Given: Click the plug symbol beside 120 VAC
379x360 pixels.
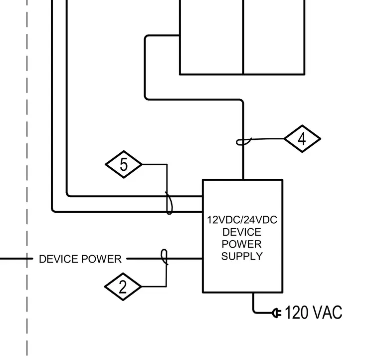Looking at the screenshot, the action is pos(277,313).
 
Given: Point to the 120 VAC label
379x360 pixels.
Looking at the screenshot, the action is pos(314,313).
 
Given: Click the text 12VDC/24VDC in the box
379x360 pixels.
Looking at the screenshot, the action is pos(242,220).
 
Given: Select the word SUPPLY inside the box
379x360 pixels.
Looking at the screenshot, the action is pos(242,256).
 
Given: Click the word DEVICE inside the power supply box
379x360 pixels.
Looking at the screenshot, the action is pos(242,232).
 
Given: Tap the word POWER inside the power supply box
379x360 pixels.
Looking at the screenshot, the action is pos(242,244).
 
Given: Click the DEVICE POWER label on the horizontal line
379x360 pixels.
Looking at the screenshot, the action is pos(80,259).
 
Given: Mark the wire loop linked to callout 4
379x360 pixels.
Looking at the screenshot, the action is pos(244,141).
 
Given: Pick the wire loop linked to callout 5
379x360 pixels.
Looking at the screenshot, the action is pos(169,203).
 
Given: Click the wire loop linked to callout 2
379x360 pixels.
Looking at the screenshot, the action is pos(165,257).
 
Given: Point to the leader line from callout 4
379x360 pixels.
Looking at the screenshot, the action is pos(268,139).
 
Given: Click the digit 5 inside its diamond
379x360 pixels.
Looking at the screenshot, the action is pos(124,164).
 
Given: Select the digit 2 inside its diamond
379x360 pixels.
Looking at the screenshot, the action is pos(123,287).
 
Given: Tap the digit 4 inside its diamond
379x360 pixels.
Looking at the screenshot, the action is pos(302,139).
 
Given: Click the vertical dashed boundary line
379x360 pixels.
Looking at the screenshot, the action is pos(27,178).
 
